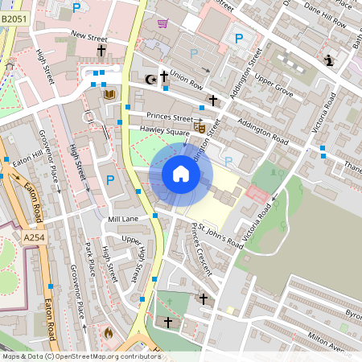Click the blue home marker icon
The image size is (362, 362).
pos(181,174)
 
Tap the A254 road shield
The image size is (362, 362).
pos(35,237)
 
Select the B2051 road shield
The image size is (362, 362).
pos(16,7)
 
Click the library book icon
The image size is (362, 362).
pos(110,95)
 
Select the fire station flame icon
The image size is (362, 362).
pos(109,331)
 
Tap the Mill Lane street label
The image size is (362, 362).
pos(122,219)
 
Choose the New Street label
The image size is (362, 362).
pos(88,35)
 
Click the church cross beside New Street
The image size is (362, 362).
pos(101,51)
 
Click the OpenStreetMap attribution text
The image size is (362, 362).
pos(80,356)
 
